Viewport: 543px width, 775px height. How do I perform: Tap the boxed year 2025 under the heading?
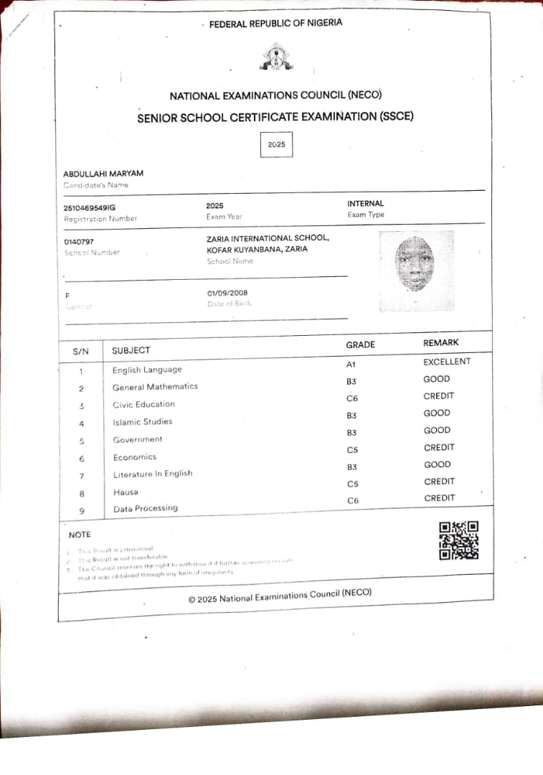point(276,145)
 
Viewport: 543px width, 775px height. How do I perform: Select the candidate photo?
point(416,270)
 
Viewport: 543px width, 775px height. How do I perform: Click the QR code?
point(458,540)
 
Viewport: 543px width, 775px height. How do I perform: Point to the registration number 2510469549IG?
point(90,208)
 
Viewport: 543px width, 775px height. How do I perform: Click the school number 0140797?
point(79,242)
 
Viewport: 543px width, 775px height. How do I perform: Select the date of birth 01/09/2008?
point(227,293)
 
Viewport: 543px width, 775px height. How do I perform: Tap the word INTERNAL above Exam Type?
point(365,204)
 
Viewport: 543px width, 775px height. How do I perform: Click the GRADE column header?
point(360,344)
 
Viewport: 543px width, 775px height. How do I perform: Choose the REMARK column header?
point(440,343)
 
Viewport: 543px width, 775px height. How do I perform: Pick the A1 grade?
point(351,365)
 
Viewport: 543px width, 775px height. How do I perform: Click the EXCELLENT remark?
point(447,362)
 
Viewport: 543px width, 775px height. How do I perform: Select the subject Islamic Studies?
point(142,422)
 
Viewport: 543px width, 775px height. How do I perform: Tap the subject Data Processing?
point(145,509)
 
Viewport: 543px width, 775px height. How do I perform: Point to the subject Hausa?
point(125,492)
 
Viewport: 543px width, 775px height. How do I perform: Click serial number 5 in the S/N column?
point(81,441)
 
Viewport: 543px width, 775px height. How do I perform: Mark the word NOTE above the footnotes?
point(80,535)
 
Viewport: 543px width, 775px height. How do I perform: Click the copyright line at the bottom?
point(280,596)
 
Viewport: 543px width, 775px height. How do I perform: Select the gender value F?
point(67,295)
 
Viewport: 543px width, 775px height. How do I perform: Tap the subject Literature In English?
point(153,474)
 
